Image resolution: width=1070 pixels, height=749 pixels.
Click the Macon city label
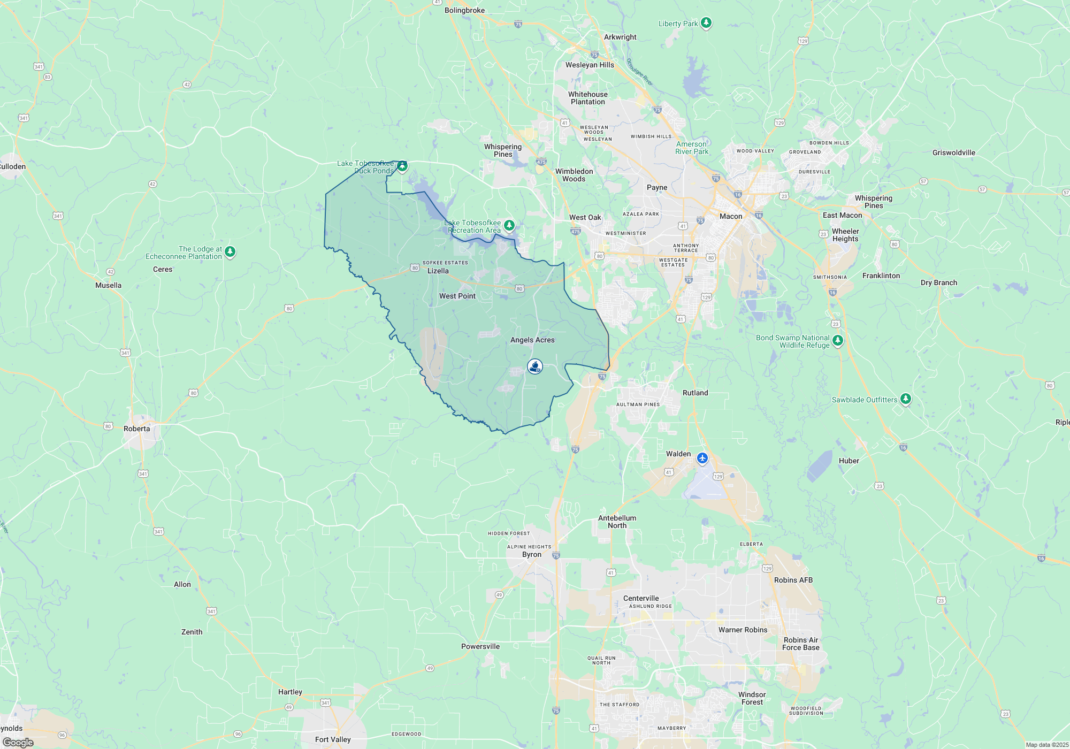(x=731, y=217)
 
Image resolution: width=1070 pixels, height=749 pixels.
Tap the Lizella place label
(x=438, y=271)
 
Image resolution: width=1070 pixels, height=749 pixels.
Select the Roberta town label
(x=137, y=429)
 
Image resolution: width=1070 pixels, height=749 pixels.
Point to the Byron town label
(x=532, y=555)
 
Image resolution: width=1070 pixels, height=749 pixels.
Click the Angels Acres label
(x=532, y=340)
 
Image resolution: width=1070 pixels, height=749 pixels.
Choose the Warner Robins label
(x=743, y=630)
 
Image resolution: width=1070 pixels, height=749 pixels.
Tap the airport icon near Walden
(x=702, y=458)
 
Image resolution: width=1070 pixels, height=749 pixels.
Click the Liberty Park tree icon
(x=706, y=23)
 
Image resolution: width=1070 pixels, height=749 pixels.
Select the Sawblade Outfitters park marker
(x=905, y=399)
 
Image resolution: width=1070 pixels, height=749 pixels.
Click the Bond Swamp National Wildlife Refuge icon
(x=838, y=341)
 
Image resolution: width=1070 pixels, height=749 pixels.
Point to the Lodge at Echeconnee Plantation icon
(x=230, y=251)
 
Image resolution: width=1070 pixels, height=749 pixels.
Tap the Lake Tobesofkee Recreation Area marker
(x=509, y=225)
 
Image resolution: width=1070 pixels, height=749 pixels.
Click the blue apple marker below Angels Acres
(x=535, y=366)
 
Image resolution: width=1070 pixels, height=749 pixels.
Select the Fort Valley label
(x=333, y=740)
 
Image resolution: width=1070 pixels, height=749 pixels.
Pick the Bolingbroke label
(x=464, y=11)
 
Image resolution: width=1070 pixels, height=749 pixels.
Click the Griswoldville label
(x=953, y=153)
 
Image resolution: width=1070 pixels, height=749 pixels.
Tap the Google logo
(x=18, y=743)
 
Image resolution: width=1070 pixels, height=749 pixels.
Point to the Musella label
(x=108, y=286)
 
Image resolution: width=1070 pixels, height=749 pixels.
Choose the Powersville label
(x=480, y=647)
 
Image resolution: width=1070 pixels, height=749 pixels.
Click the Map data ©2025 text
(x=1047, y=745)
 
